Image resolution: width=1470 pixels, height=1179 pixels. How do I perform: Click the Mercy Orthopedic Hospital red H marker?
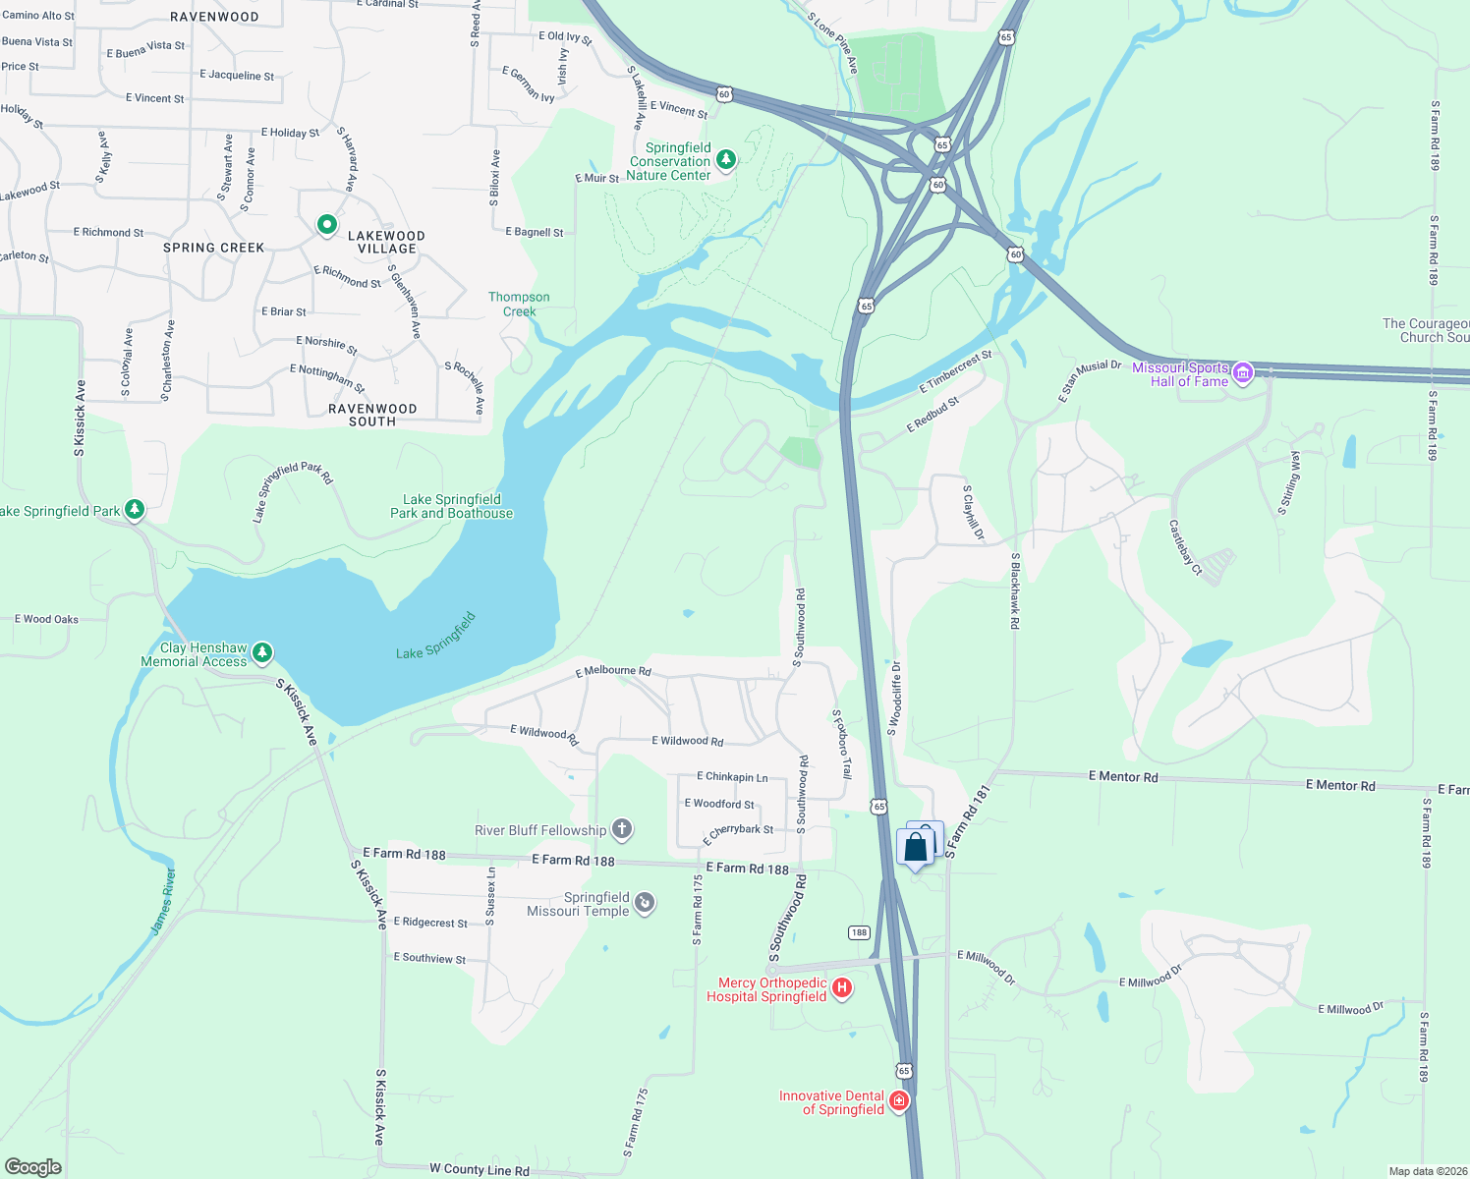click(842, 988)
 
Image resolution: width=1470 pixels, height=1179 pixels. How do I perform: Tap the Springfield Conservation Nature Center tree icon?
click(726, 159)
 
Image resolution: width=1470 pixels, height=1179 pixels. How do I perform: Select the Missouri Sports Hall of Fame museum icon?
click(1243, 373)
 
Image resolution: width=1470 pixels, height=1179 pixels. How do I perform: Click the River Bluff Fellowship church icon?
click(622, 830)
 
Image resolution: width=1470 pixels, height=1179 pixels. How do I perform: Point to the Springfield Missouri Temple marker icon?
click(645, 903)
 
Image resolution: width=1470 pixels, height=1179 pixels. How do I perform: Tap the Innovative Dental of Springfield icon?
click(898, 1101)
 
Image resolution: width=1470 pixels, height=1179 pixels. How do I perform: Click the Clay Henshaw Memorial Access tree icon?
click(261, 653)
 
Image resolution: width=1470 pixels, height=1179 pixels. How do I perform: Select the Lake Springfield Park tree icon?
click(136, 510)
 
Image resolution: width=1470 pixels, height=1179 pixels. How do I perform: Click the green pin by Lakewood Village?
click(327, 226)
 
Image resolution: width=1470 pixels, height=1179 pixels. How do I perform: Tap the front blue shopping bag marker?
click(915, 848)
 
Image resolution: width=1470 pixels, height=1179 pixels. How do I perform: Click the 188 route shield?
click(860, 932)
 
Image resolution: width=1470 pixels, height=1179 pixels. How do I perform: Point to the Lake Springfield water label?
click(436, 637)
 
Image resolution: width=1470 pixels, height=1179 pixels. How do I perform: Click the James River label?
click(163, 902)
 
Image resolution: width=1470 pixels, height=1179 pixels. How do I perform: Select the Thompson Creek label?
click(519, 305)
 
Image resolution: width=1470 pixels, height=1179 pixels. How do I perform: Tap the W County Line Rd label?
click(480, 1169)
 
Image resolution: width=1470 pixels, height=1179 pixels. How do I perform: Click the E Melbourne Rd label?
click(613, 672)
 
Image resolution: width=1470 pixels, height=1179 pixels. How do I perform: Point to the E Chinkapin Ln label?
click(732, 777)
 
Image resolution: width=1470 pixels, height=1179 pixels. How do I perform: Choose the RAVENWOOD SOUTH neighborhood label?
click(372, 415)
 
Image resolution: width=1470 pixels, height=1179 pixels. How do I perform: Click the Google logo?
click(33, 1167)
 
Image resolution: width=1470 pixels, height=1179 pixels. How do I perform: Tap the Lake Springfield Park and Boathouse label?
click(452, 506)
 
